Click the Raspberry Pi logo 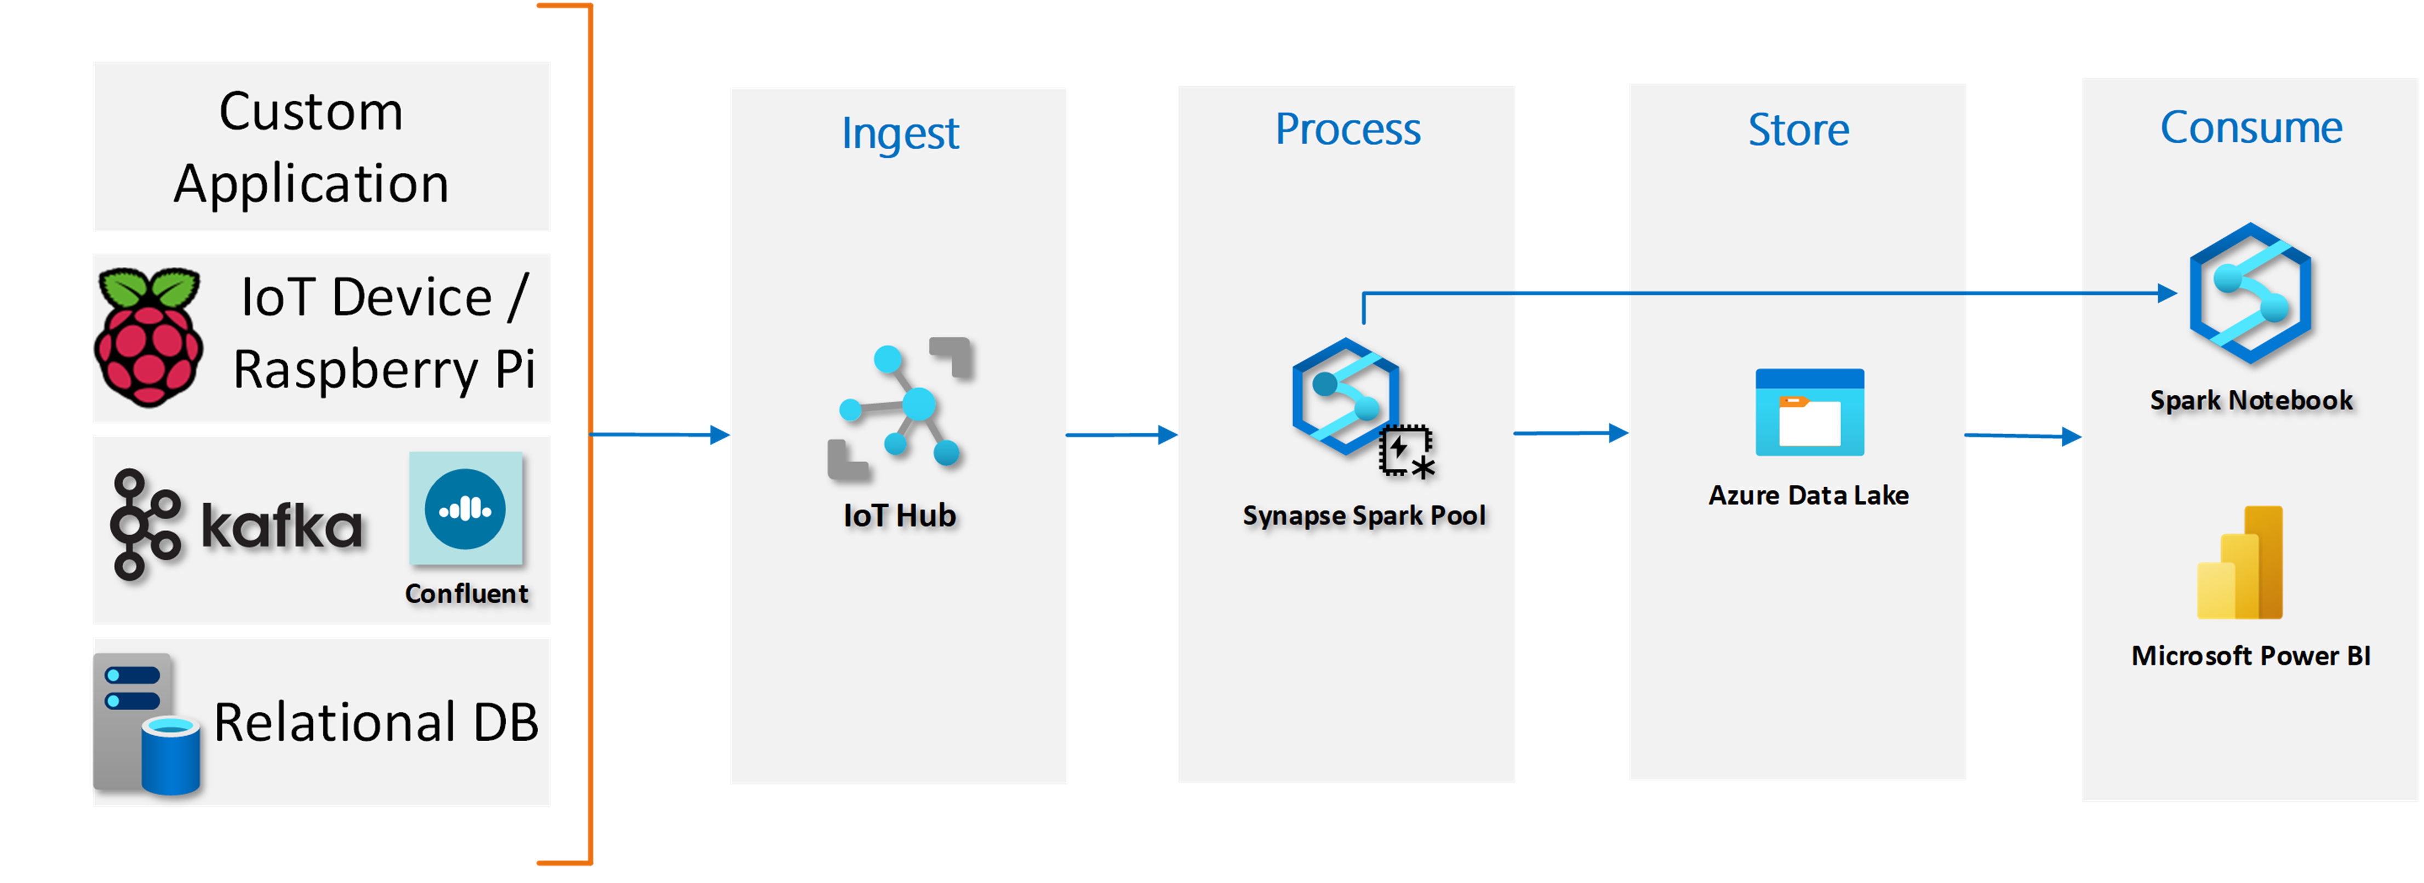pyautogui.click(x=148, y=337)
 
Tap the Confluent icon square pyautogui.click(x=466, y=509)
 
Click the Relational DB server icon pyautogui.click(x=147, y=725)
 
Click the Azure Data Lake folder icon pyautogui.click(x=1810, y=412)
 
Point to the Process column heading pyautogui.click(x=1347, y=129)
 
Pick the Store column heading pyautogui.click(x=1798, y=129)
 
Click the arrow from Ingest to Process pyautogui.click(x=1122, y=435)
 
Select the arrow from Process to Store pyautogui.click(x=1570, y=432)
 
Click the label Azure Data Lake pyautogui.click(x=1809, y=495)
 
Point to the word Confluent pyautogui.click(x=467, y=593)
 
